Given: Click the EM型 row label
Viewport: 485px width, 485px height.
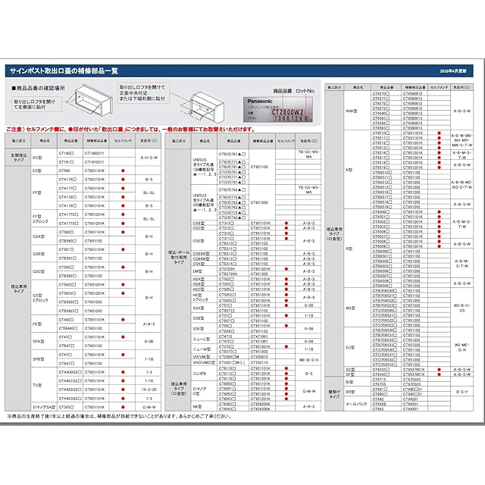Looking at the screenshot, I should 198,270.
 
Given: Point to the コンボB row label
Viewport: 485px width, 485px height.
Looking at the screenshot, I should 199,373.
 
